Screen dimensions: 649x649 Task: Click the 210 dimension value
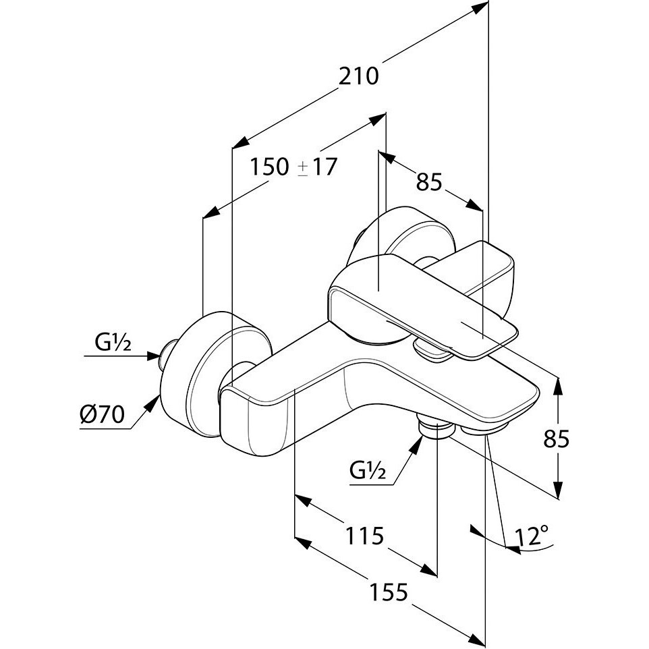[360, 76]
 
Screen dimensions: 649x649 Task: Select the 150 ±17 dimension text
[292, 166]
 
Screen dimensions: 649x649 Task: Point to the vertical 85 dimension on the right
[557, 439]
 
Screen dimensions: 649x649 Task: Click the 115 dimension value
[364, 537]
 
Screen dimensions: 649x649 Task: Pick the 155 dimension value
[389, 592]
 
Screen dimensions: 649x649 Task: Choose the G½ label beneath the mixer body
[367, 470]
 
